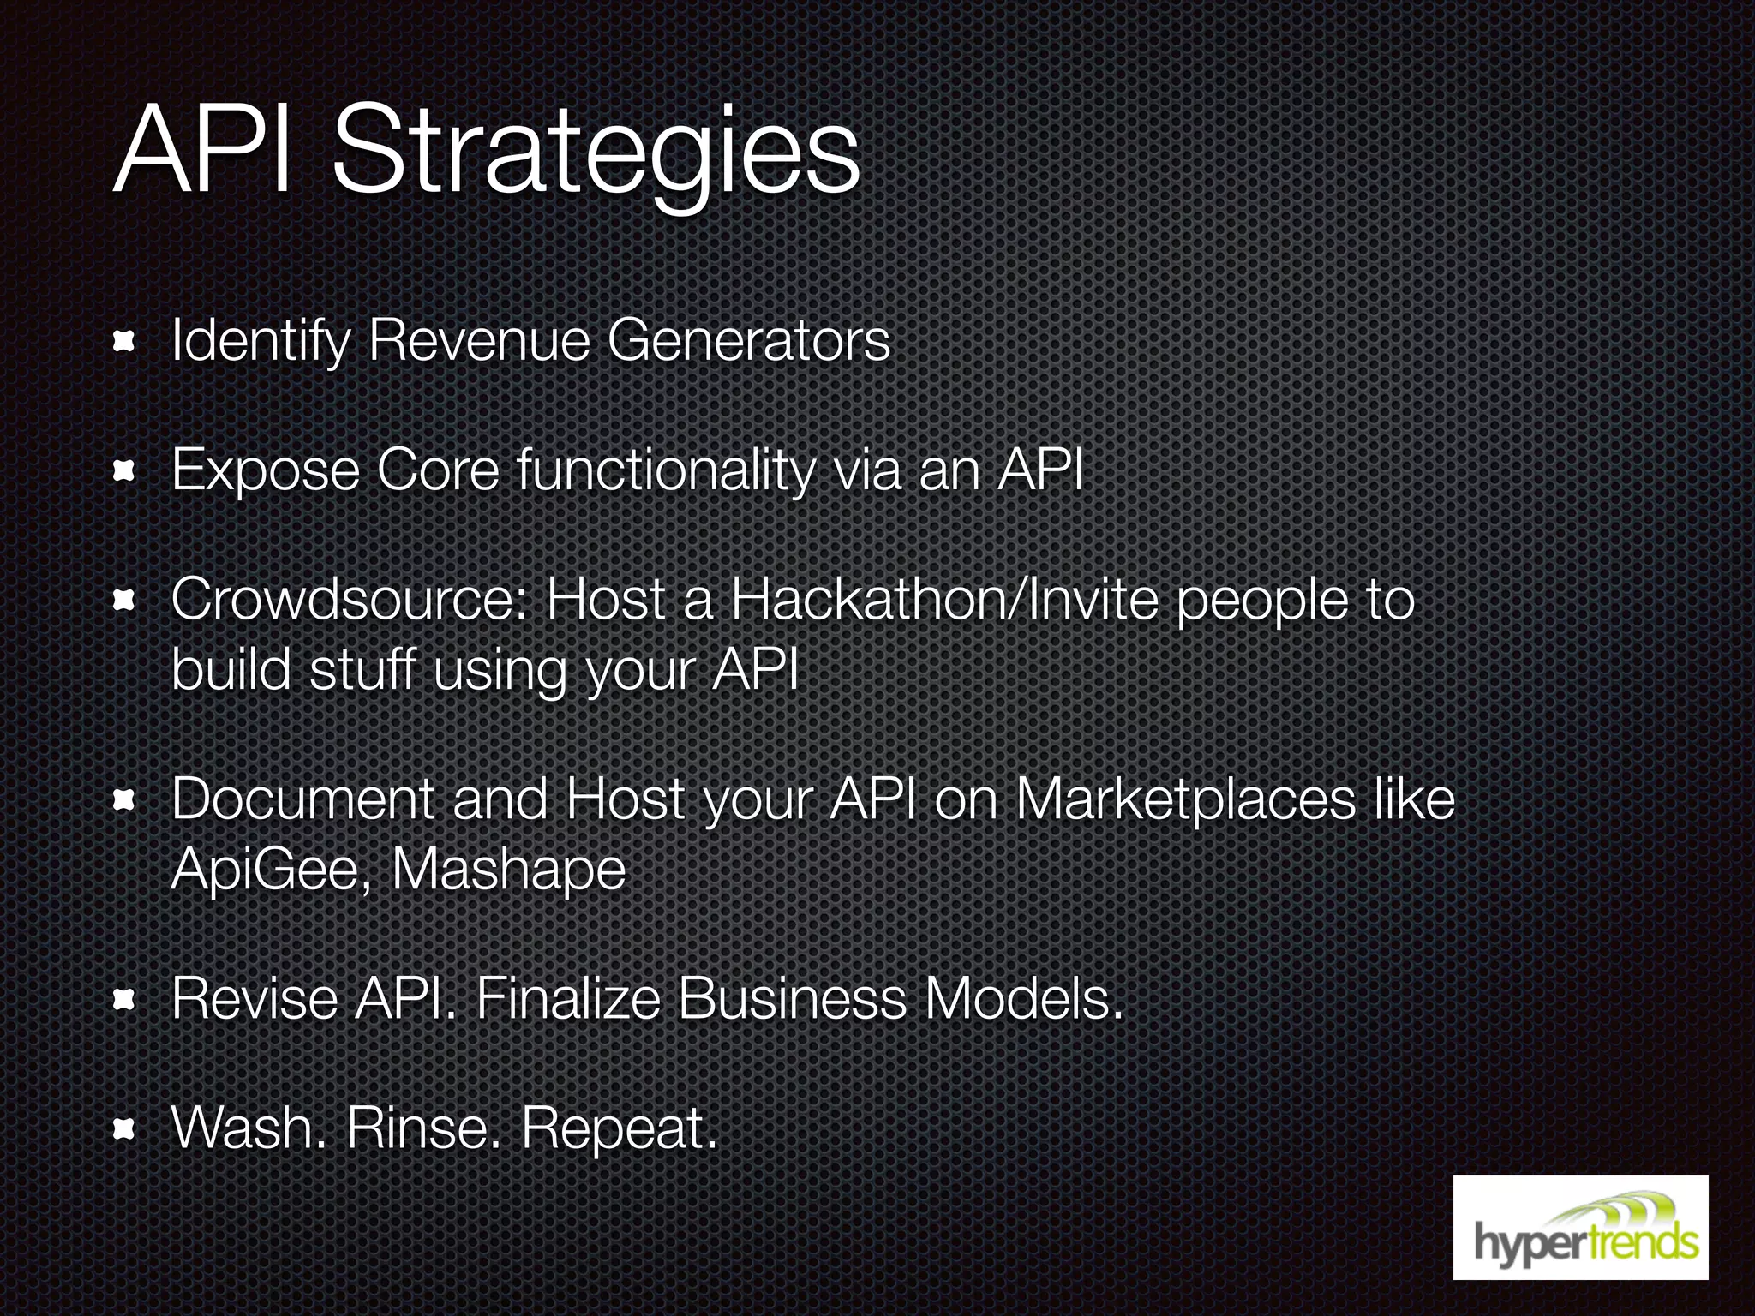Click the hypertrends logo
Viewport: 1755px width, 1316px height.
(1580, 1227)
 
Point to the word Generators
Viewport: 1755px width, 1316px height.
(749, 340)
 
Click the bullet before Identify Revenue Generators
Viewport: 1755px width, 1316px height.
(125, 343)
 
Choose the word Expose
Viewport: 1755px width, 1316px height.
(265, 470)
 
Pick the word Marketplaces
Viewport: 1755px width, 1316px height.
(1186, 799)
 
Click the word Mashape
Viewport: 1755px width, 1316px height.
(509, 870)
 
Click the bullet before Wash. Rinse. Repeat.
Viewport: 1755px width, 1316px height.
(125, 1130)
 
